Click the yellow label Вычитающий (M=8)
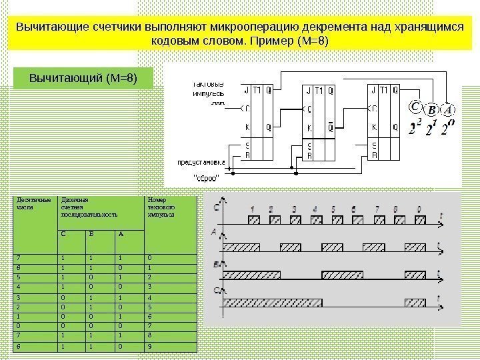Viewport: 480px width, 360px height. pyautogui.click(x=83, y=78)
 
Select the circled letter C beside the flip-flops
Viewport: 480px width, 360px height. pyautogui.click(x=415, y=107)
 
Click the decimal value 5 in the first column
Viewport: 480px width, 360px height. pyautogui.click(x=19, y=276)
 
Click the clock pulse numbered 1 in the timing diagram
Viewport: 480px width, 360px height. pyautogui.click(x=253, y=219)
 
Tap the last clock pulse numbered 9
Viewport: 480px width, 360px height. pyautogui.click(x=419, y=219)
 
